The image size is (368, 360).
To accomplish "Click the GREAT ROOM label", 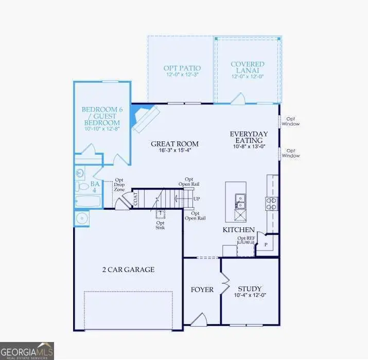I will pyautogui.click(x=174, y=144).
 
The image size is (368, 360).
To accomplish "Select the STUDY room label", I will pyautogui.click(x=250, y=289).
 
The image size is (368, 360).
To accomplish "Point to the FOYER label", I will pyautogui.click(x=202, y=290).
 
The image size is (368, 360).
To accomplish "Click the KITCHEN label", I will pyautogui.click(x=238, y=229).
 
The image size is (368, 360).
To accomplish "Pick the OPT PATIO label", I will pyautogui.click(x=182, y=68).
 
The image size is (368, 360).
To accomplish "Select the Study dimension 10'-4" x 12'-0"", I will pyautogui.click(x=250, y=296).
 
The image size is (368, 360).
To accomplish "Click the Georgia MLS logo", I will pyautogui.click(x=27, y=350).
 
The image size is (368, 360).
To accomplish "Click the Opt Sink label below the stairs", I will pyautogui.click(x=161, y=226).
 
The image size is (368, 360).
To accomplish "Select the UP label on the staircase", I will pyautogui.click(x=196, y=199).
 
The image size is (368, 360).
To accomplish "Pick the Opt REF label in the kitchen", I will pyautogui.click(x=246, y=238).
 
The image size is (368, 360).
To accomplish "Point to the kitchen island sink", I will pyautogui.click(x=240, y=198).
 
